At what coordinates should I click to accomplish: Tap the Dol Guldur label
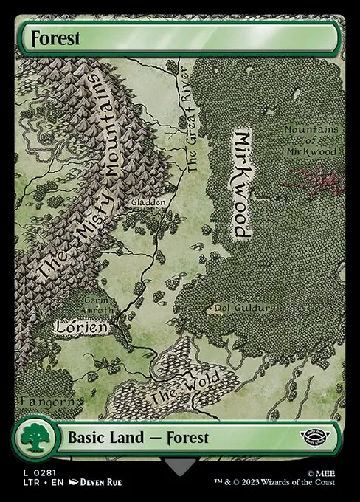coord(242,306)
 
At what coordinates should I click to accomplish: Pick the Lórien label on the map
coord(82,325)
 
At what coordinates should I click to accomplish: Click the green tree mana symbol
coord(32,439)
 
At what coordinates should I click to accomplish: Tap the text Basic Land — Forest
coord(138,437)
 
